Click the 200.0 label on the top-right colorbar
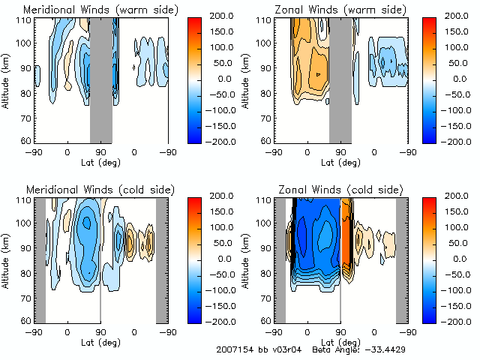click(x=454, y=16)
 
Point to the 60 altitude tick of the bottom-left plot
click(x=25, y=319)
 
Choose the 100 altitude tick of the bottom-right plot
click(x=263, y=223)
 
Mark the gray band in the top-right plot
click(x=340, y=79)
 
